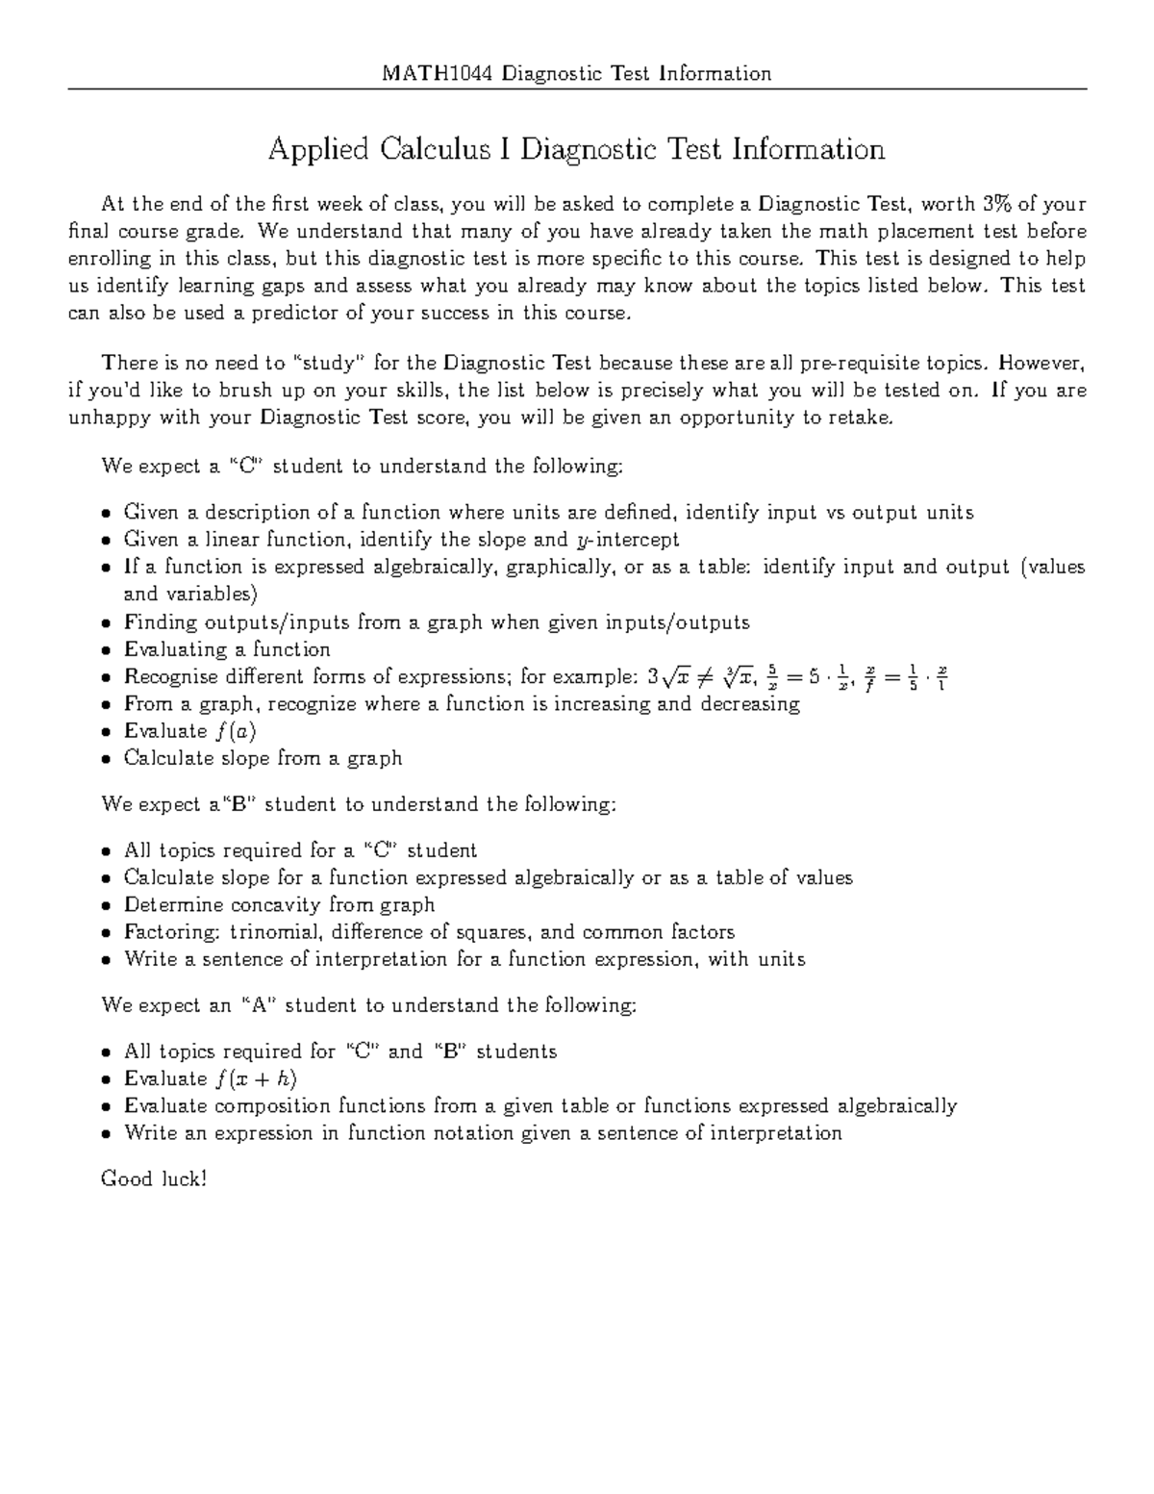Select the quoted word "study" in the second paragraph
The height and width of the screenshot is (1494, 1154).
(329, 363)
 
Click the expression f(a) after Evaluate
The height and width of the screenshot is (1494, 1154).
(236, 731)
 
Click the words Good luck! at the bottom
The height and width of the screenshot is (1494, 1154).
(154, 1178)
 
